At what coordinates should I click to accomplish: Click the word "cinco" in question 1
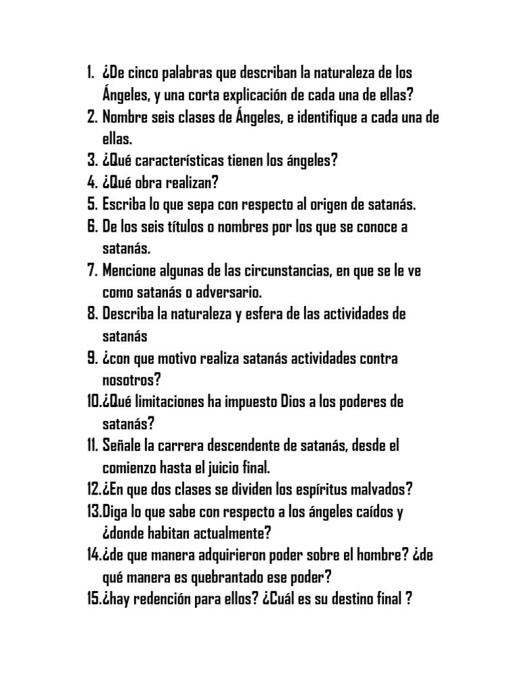(144, 72)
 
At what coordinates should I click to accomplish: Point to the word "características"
(183, 161)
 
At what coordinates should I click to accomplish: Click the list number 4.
(92, 183)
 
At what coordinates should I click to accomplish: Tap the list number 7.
(92, 271)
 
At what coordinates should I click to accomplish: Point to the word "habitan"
(161, 534)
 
